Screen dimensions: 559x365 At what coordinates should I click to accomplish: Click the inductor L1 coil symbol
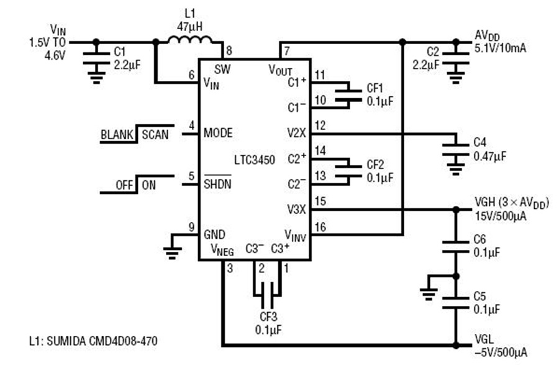point(190,40)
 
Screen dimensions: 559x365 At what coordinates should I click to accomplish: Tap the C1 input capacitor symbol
point(96,58)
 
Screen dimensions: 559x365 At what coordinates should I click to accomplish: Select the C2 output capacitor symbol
point(456,58)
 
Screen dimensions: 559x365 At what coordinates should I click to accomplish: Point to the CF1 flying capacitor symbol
point(348,95)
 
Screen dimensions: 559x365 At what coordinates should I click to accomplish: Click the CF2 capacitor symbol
point(348,171)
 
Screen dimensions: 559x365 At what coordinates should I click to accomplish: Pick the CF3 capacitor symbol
point(267,295)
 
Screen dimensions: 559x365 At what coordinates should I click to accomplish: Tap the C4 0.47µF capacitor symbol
point(456,150)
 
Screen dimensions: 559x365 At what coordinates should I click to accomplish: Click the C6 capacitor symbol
point(456,247)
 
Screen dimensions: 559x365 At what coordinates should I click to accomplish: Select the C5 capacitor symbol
point(456,303)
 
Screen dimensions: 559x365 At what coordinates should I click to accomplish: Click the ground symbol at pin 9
point(173,252)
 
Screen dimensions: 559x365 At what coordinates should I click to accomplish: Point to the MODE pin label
point(218,133)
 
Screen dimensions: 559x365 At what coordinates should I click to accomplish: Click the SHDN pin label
point(217,184)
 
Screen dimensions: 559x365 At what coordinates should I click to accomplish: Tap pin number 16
point(320,227)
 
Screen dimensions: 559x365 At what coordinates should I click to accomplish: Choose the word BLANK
point(117,135)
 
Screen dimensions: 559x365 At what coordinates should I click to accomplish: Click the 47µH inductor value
point(189,26)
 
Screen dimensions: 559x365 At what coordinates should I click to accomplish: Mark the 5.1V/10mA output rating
point(500,48)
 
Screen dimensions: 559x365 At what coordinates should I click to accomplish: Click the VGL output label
point(484,340)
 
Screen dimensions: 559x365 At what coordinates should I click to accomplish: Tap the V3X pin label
point(297,209)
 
